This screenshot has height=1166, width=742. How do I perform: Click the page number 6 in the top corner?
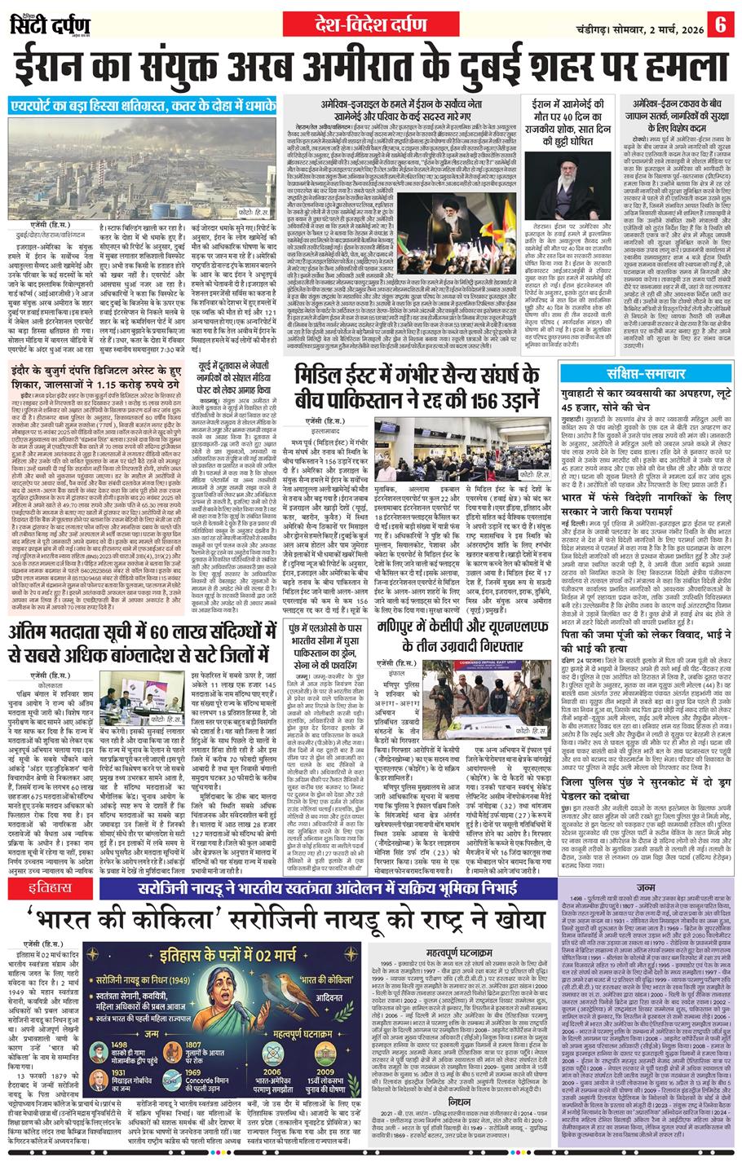[x=720, y=24]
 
